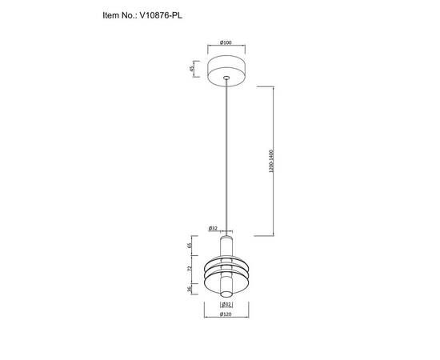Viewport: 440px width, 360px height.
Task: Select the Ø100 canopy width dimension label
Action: [x=226, y=42]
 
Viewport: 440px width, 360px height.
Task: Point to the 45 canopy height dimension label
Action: [x=192, y=69]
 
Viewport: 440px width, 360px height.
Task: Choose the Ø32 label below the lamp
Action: [x=226, y=305]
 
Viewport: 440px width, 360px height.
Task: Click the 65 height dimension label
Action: [x=190, y=246]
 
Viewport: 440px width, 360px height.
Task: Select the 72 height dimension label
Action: [x=190, y=272]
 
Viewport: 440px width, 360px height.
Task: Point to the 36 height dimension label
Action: [x=190, y=290]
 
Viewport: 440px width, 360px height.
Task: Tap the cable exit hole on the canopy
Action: [x=226, y=78]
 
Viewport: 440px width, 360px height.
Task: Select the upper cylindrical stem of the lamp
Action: [x=226, y=244]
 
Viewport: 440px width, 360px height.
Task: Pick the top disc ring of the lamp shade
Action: [x=226, y=259]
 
